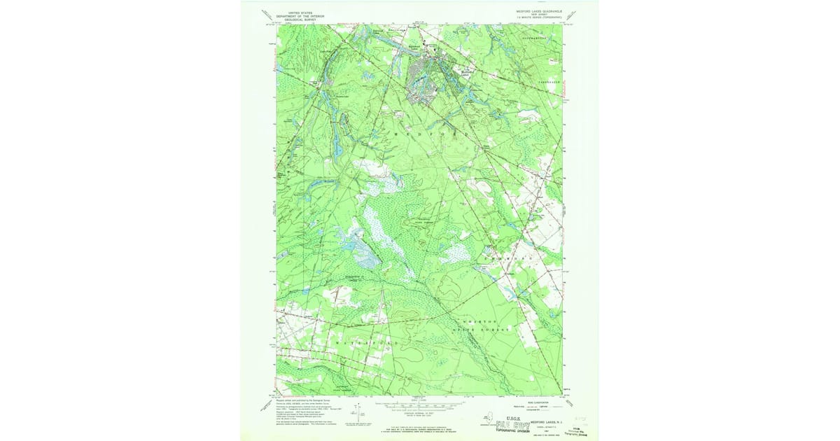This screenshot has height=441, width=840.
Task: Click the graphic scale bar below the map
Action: [x=420, y=404]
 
